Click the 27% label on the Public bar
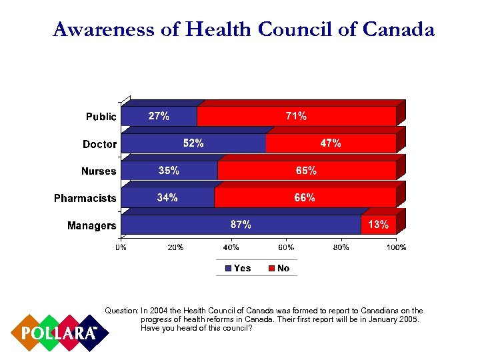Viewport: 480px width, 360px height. point(158,117)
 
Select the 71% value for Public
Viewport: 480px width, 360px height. point(296,117)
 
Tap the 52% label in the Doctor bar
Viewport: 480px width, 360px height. point(193,143)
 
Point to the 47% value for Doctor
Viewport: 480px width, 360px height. point(331,143)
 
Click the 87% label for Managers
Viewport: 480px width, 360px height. point(241,225)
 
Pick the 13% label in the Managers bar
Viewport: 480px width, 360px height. point(378,225)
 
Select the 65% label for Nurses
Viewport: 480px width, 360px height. point(306,171)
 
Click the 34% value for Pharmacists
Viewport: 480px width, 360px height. point(167,198)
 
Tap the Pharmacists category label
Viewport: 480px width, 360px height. point(85,198)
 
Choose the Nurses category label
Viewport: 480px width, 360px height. point(99,171)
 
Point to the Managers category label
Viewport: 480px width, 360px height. point(91,225)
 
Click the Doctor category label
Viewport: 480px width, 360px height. point(99,144)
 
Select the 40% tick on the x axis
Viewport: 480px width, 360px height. point(231,248)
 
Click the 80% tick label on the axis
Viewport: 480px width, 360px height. point(341,248)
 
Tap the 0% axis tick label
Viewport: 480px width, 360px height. point(121,248)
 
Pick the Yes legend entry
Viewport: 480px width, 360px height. point(238,268)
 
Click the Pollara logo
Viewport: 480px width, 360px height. point(58,332)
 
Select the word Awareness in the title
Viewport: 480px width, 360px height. point(107,30)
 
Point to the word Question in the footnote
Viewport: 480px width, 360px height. point(121,311)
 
